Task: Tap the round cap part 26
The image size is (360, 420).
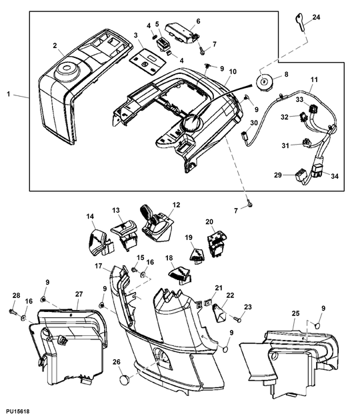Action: pyautogui.click(x=124, y=380)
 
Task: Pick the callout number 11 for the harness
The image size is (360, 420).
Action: pyautogui.click(x=314, y=79)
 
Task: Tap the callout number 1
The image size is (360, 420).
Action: pyautogui.click(x=9, y=94)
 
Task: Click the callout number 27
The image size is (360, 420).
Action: pyautogui.click(x=79, y=294)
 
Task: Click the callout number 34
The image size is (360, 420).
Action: pyautogui.click(x=335, y=176)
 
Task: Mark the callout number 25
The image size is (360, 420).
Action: pyautogui.click(x=295, y=313)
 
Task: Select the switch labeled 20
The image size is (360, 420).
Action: pyautogui.click(x=217, y=244)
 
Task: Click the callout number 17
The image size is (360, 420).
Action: pyautogui.click(x=99, y=266)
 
